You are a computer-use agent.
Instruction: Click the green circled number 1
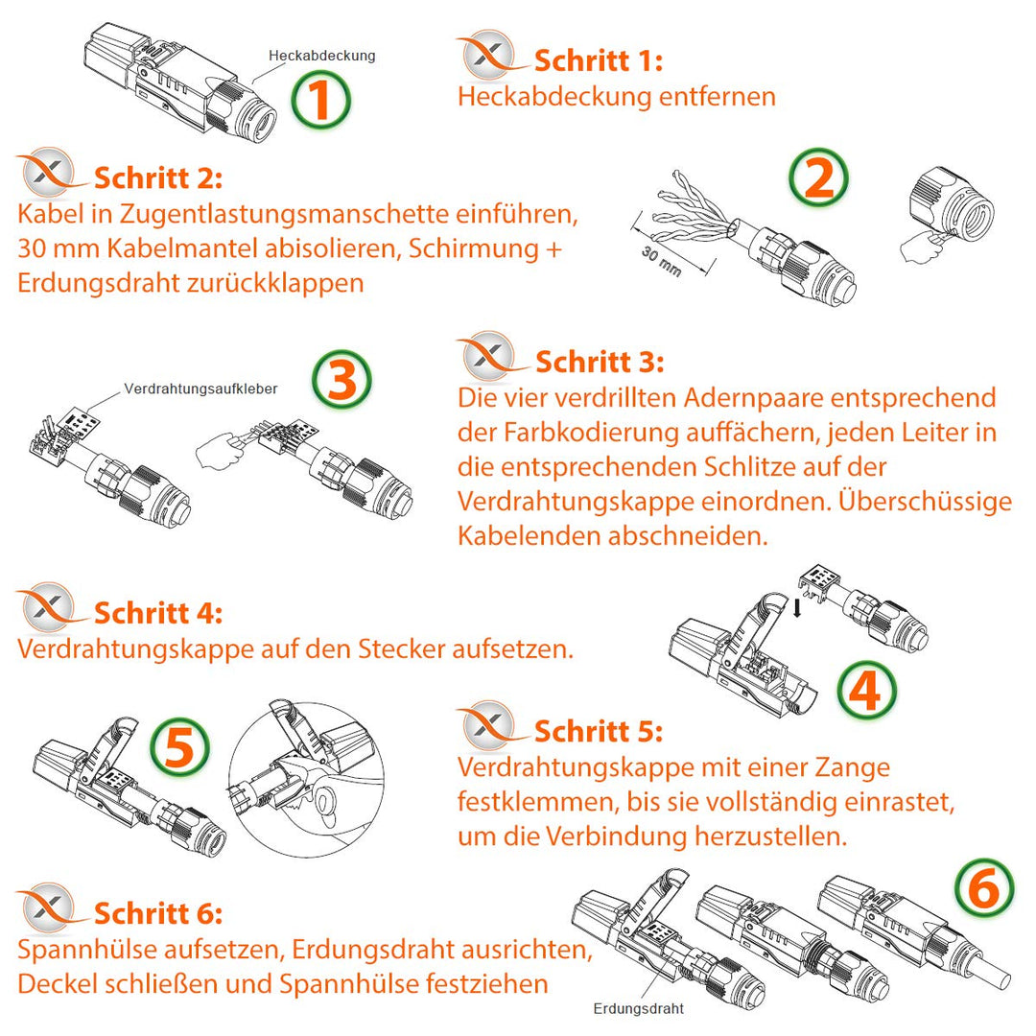[x=321, y=101]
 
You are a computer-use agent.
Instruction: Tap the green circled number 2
[x=818, y=178]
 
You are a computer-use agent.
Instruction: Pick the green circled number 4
[x=866, y=691]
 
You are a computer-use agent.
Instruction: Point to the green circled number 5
[x=180, y=747]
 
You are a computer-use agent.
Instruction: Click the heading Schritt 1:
[x=598, y=61]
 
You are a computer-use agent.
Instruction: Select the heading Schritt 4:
[x=158, y=613]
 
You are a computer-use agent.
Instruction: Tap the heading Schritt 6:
[x=158, y=912]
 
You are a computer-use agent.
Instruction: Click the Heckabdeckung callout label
[x=322, y=56]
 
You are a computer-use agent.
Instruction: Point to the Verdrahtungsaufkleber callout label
[x=200, y=389]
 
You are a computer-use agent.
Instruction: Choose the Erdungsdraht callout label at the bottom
[x=639, y=1009]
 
